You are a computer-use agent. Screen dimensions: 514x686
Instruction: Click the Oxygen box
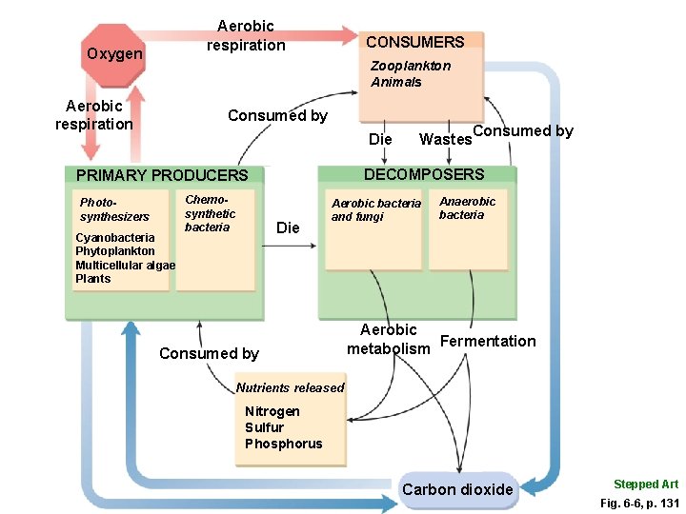tap(114, 54)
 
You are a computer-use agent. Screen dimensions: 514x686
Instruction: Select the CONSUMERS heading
tap(415, 42)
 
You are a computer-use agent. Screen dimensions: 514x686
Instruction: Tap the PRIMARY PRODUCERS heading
tap(161, 175)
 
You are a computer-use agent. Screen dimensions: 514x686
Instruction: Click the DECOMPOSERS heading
tap(423, 174)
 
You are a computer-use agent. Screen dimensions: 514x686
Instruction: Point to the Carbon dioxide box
tap(457, 490)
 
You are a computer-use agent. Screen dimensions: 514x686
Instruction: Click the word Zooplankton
tap(411, 66)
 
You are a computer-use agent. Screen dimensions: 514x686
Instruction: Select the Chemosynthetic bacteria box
tap(216, 238)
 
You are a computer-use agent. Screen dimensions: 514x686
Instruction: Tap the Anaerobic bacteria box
tap(467, 228)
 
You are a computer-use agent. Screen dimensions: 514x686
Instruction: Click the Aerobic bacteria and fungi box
tap(375, 228)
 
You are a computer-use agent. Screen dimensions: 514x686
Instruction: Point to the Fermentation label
tap(489, 341)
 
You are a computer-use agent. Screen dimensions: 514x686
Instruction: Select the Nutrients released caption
tap(290, 387)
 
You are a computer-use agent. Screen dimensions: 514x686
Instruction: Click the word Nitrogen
tap(272, 411)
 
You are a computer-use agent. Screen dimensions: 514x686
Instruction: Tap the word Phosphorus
tap(283, 444)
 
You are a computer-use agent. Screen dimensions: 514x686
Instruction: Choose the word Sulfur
tap(264, 427)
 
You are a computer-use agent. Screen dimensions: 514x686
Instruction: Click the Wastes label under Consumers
tap(445, 140)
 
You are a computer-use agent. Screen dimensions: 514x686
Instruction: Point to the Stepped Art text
tap(646, 484)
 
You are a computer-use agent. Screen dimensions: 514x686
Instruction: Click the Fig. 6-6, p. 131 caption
tap(638, 501)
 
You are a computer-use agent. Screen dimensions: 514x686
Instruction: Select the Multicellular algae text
tap(125, 265)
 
